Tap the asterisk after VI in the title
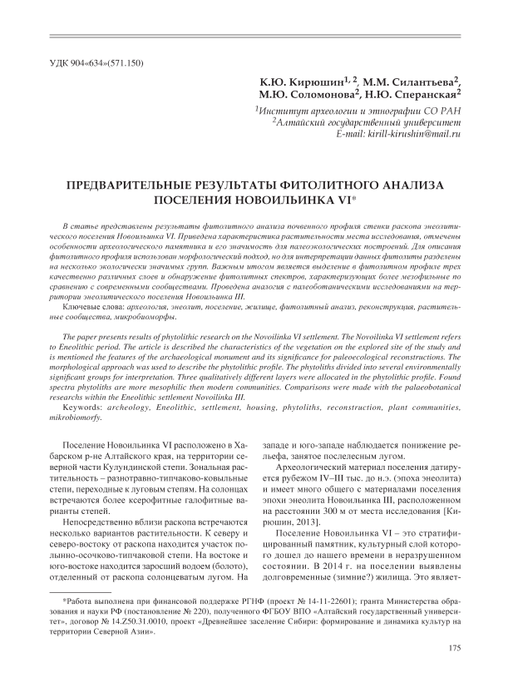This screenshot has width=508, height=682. click(355, 198)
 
